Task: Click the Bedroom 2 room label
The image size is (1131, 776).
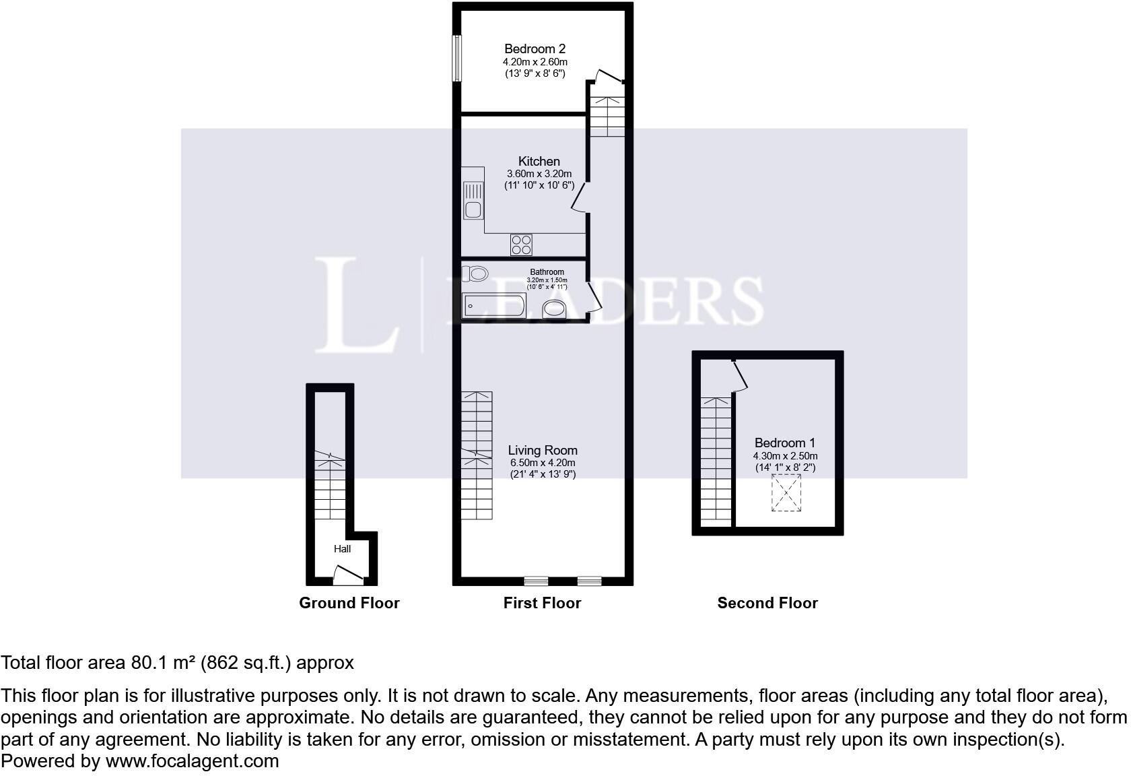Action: click(535, 49)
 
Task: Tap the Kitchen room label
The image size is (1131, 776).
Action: click(539, 162)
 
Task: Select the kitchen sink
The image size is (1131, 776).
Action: click(473, 201)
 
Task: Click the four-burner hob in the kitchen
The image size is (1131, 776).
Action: click(521, 245)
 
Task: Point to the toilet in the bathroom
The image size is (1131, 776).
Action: click(475, 273)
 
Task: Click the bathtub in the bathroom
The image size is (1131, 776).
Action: click(493, 306)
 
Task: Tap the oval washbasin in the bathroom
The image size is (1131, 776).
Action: click(555, 309)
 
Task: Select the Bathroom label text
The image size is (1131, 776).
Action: click(547, 272)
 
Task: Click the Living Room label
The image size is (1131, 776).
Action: click(543, 451)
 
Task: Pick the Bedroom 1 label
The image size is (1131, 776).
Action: click(784, 443)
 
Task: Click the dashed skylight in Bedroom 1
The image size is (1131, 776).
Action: click(786, 492)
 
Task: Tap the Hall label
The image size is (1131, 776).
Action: click(342, 549)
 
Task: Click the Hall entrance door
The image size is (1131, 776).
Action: click(348, 575)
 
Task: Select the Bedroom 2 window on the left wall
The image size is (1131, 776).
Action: click(457, 58)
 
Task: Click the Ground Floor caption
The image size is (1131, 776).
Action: click(349, 604)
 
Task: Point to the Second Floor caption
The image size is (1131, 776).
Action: click(767, 604)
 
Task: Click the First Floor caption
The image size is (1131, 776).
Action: click(542, 604)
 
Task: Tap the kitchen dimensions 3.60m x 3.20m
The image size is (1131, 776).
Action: click(539, 174)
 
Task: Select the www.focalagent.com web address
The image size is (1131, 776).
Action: click(192, 762)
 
